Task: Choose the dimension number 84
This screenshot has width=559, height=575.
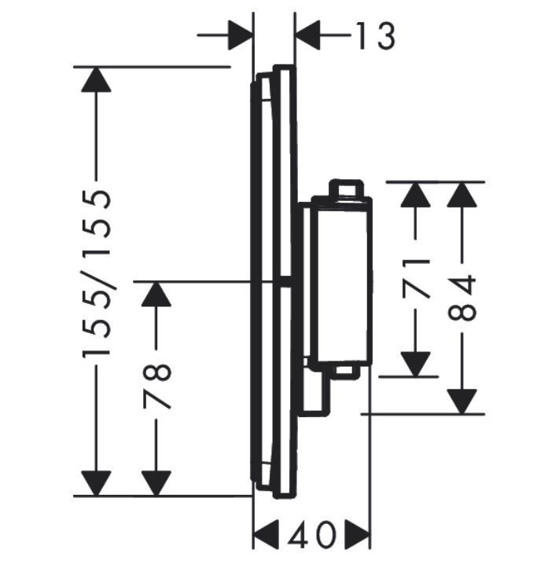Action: pyautogui.click(x=463, y=296)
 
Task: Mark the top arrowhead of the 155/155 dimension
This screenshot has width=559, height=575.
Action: pyautogui.click(x=97, y=81)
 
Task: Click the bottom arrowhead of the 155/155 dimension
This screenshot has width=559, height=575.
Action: pyautogui.click(x=97, y=482)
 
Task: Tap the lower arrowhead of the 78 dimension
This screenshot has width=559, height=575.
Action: pyautogui.click(x=157, y=482)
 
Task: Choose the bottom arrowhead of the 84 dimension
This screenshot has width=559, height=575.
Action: pyautogui.click(x=463, y=401)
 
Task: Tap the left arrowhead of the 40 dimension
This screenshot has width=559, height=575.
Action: pyautogui.click(x=267, y=537)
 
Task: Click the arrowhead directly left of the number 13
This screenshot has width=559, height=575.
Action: pyautogui.click(x=310, y=35)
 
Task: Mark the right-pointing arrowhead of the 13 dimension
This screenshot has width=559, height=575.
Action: pyautogui.click(x=240, y=35)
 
